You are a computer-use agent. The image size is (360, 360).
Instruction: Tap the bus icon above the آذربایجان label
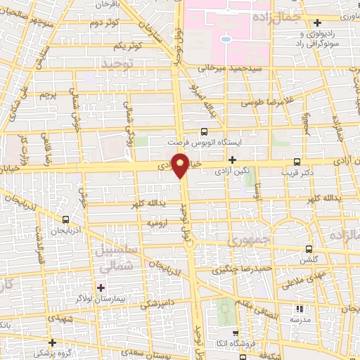[x=65, y=219]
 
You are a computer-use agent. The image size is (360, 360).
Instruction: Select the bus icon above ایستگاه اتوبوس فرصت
[x=204, y=131]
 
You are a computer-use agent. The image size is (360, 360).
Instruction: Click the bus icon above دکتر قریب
[x=297, y=161]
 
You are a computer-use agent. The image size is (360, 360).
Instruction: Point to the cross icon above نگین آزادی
[x=232, y=161]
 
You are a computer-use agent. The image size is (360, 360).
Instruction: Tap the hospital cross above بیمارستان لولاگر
[x=102, y=288]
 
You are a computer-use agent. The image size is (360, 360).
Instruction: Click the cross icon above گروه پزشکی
[x=52, y=341]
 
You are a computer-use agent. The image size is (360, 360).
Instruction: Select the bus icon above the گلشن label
[x=310, y=249]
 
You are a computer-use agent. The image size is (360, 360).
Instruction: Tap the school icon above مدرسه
[x=300, y=309]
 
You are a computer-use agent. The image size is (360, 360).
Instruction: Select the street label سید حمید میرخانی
[x=228, y=69]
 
